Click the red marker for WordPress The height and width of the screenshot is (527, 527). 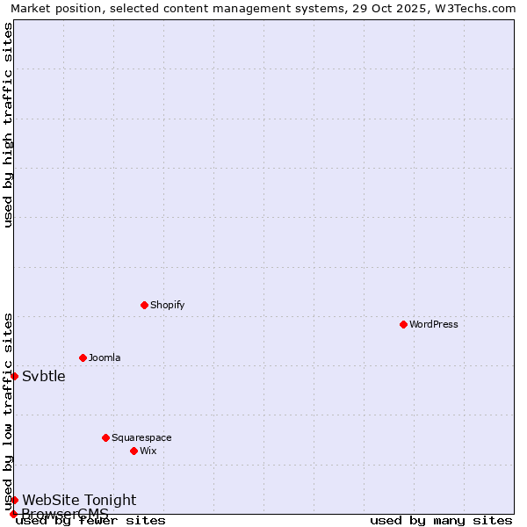click(403, 324)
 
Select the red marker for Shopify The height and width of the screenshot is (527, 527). click(144, 305)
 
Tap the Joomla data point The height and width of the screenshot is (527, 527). click(83, 357)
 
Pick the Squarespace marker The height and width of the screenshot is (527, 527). click(105, 437)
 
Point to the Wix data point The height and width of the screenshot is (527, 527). click(134, 451)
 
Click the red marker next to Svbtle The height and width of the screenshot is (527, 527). click(14, 376)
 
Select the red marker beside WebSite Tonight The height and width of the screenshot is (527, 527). click(14, 500)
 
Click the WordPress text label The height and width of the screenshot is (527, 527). click(434, 324)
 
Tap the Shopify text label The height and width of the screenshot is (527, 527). click(167, 305)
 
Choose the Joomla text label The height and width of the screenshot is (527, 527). click(105, 357)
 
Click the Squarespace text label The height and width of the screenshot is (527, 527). click(141, 437)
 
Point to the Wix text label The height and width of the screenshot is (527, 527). click(148, 451)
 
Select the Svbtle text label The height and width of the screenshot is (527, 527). click(44, 376)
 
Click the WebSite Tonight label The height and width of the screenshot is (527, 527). click(79, 500)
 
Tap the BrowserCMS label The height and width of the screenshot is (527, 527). click(65, 514)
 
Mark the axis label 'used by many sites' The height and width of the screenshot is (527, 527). click(441, 521)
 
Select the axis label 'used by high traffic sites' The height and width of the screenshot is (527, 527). click(9, 125)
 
